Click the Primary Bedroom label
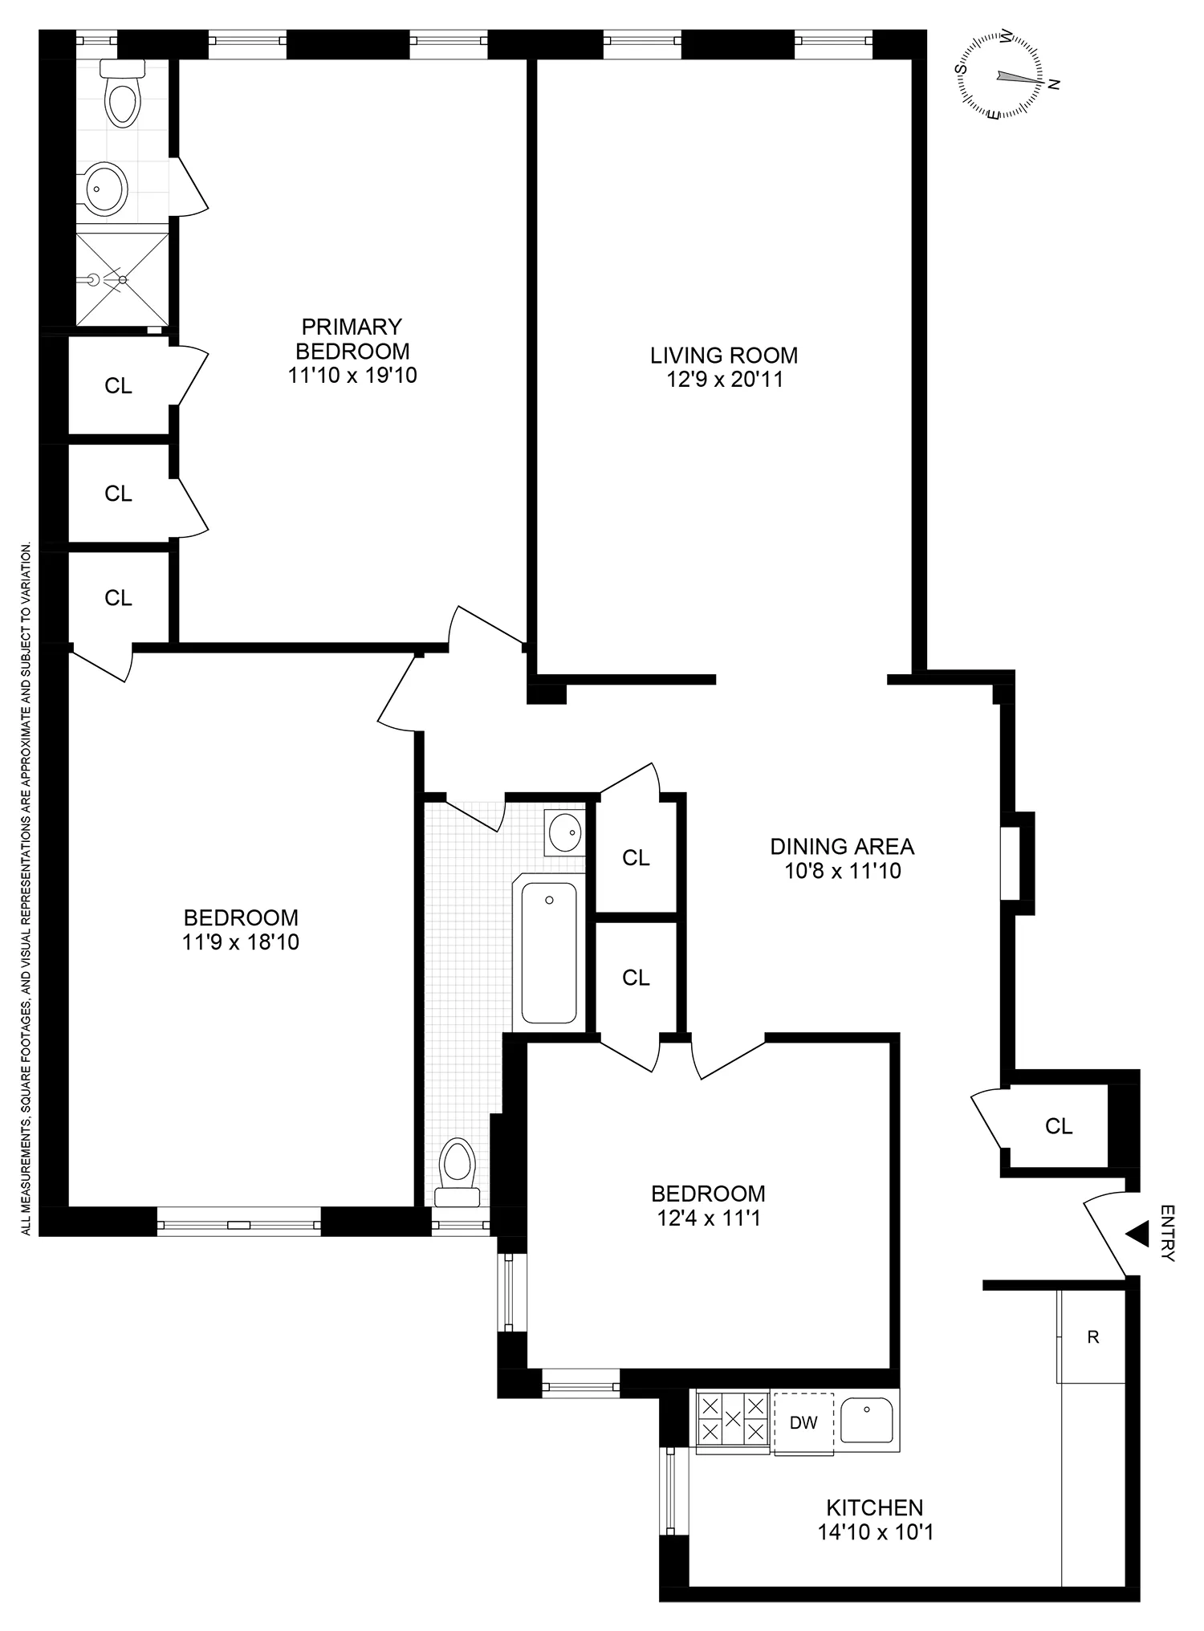[x=352, y=339]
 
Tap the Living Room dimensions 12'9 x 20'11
[x=724, y=379]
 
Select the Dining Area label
[x=842, y=846]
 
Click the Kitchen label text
[x=875, y=1507]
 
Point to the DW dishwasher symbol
[x=803, y=1423]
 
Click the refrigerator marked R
[x=1092, y=1337]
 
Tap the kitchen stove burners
[x=733, y=1418]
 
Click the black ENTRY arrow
[x=1136, y=1234]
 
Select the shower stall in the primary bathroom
[x=123, y=279]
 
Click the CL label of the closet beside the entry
[x=1059, y=1126]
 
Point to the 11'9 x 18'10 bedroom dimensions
[x=241, y=942]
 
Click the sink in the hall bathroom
[x=565, y=831]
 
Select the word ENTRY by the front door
[x=1168, y=1233]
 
